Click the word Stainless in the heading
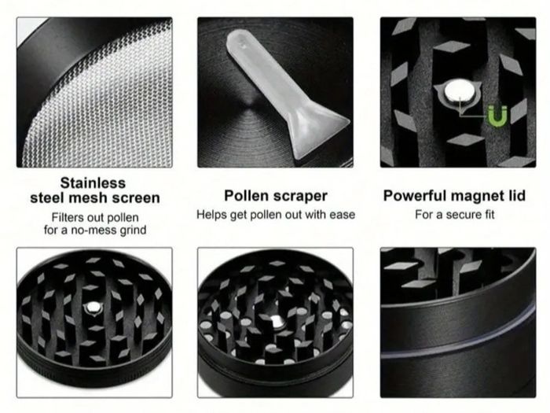coord(93,183)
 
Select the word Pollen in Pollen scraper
coord(244,196)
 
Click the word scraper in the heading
coord(297,197)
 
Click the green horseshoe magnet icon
coord(497,116)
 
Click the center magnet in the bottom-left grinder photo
coord(93,308)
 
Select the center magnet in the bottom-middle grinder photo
coord(277,321)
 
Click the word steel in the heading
coord(48,198)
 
